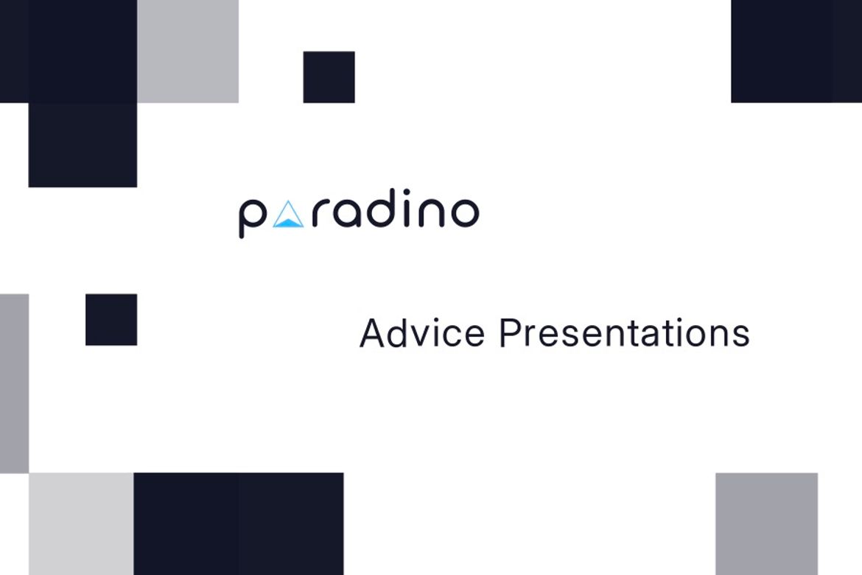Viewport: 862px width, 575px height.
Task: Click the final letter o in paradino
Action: [x=464, y=214]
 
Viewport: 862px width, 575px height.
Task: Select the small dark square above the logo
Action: [x=329, y=77]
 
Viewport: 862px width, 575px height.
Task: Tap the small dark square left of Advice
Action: [x=111, y=319]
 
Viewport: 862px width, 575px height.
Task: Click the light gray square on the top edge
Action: [x=188, y=51]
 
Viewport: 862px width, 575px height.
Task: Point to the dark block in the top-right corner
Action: [x=796, y=51]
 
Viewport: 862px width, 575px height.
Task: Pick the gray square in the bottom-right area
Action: [x=766, y=523]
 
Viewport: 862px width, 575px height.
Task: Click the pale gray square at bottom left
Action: [x=81, y=523]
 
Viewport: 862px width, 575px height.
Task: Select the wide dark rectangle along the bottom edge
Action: [x=239, y=523]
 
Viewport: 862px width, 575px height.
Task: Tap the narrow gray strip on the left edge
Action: [x=14, y=383]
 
